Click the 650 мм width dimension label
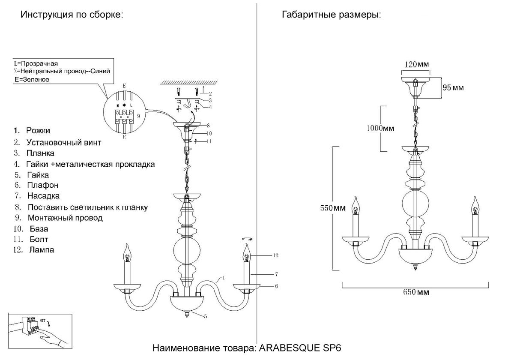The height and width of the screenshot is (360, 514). point(416,293)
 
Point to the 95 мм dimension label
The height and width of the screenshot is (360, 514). point(453,87)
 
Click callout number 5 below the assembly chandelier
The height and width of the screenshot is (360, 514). point(206,316)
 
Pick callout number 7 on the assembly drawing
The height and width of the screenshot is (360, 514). point(277,273)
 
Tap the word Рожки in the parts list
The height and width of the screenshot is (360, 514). point(38,130)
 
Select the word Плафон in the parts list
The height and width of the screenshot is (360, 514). point(42,186)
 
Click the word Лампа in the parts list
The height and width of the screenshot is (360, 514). point(42,250)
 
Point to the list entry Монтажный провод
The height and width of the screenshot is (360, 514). point(65,218)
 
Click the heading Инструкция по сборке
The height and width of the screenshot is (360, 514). point(72,15)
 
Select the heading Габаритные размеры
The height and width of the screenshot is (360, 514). point(331,15)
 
